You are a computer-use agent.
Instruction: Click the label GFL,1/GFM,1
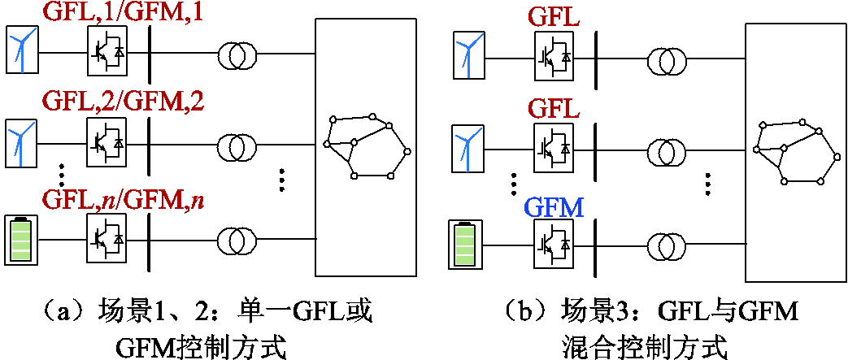[x=123, y=14]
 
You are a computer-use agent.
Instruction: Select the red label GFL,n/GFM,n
[x=123, y=197]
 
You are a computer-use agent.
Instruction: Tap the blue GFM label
[x=554, y=208]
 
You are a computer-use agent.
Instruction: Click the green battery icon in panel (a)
[x=20, y=240]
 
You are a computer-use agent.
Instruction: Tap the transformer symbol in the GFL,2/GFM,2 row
[x=237, y=146]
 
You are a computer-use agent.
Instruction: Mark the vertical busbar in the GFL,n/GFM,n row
[x=150, y=241]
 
